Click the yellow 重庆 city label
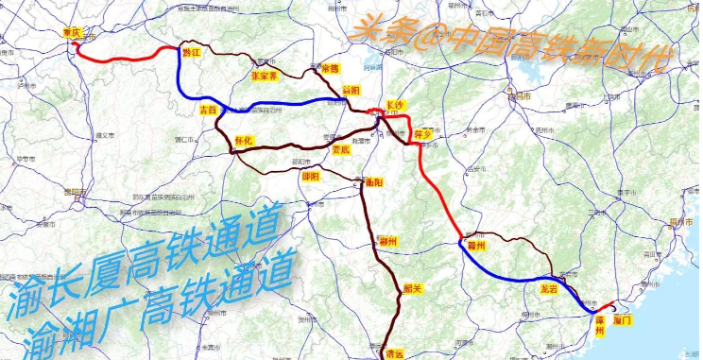(72, 32)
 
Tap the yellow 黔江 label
(191, 53)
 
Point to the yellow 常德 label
(329, 69)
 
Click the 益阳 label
(351, 91)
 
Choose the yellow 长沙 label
(396, 106)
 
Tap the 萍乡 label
(423, 134)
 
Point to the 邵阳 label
(311, 177)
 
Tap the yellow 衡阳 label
(370, 180)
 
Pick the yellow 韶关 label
(412, 289)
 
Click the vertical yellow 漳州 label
(599, 324)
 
